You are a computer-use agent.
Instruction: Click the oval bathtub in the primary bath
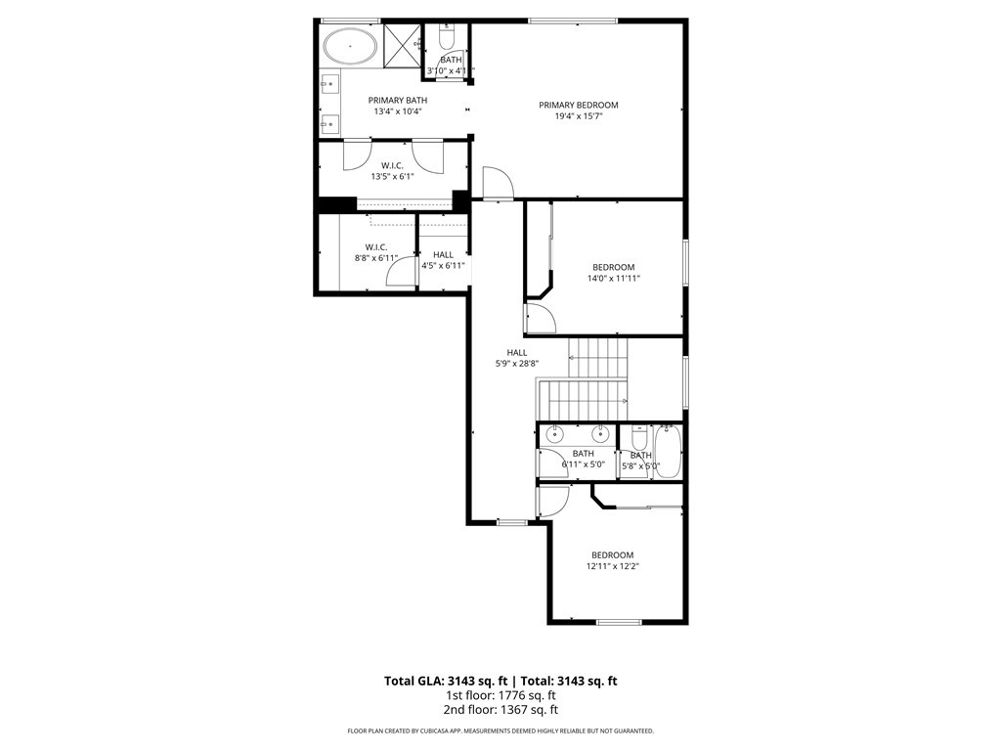tap(349, 46)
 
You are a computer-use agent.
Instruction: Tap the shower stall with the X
tap(403, 45)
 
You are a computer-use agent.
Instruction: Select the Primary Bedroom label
tap(579, 106)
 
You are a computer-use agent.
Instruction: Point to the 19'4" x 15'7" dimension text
tap(579, 116)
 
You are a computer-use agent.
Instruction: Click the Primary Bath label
tap(398, 101)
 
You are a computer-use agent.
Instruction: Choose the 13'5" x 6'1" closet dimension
tap(393, 176)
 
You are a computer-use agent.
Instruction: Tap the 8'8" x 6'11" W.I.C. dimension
tap(376, 258)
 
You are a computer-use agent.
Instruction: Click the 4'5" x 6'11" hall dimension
tap(443, 266)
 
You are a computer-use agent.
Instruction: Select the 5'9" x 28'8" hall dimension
tap(517, 364)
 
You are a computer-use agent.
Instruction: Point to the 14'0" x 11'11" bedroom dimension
tap(614, 279)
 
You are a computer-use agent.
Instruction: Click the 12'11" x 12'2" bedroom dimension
tap(613, 566)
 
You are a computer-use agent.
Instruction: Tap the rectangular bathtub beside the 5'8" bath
tap(669, 452)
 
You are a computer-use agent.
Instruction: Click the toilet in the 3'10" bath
tap(446, 38)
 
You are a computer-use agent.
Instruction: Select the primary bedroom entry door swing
tap(498, 183)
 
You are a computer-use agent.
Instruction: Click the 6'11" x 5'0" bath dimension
tap(584, 464)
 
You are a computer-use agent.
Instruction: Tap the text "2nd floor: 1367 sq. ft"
tap(500, 710)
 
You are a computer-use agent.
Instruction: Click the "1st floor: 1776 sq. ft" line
tap(500, 695)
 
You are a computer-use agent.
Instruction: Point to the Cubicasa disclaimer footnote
tap(500, 731)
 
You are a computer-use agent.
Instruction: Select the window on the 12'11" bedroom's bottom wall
tap(619, 622)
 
